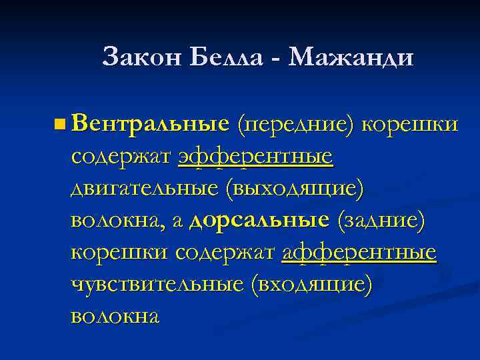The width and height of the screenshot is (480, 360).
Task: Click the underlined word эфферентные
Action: tap(255, 157)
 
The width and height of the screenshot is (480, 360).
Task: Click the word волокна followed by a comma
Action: tap(116, 221)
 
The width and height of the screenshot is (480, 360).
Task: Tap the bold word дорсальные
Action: tap(259, 221)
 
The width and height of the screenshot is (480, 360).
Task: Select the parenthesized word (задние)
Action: tap(381, 221)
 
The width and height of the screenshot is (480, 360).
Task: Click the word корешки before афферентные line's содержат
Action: tap(120, 253)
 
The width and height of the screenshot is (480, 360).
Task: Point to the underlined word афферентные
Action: tap(359, 253)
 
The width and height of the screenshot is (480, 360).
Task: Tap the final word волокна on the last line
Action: tap(115, 317)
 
